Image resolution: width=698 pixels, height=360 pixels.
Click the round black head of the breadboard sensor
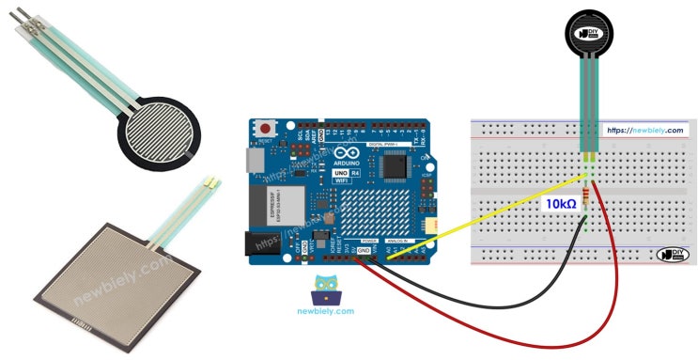[591, 32]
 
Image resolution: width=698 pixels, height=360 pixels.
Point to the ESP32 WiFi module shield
[273, 202]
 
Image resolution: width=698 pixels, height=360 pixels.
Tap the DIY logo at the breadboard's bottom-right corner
[671, 254]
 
